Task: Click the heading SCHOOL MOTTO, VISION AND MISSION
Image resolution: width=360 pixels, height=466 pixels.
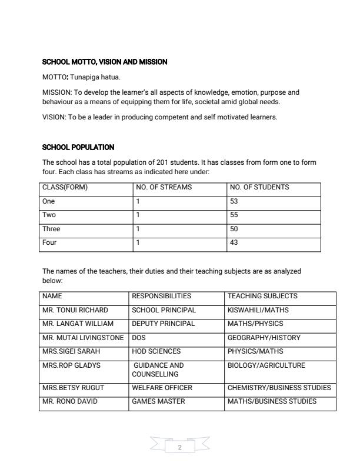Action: [105, 62]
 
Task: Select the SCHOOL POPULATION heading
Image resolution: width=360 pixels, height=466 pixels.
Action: [78, 147]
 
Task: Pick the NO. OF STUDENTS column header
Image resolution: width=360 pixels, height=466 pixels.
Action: [259, 188]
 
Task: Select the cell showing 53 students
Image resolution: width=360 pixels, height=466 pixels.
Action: [234, 201]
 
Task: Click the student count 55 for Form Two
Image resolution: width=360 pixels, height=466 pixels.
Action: [234, 215]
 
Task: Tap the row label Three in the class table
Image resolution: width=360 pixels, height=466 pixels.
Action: [51, 229]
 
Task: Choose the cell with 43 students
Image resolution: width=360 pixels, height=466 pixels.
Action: [234, 242]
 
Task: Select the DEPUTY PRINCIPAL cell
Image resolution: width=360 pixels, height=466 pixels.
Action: [163, 324]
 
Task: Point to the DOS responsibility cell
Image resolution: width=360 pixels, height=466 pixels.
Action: [138, 338]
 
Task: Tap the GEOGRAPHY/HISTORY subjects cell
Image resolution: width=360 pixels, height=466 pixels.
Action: [264, 338]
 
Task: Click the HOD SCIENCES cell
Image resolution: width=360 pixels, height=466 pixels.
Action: [158, 351]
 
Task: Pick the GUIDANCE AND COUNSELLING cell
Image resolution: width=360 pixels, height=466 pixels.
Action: [159, 370]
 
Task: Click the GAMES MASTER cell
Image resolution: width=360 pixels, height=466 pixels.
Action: [158, 401]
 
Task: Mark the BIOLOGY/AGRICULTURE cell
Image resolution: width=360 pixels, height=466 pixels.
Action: [266, 365]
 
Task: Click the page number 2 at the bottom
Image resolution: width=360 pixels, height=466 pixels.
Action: [180, 448]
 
